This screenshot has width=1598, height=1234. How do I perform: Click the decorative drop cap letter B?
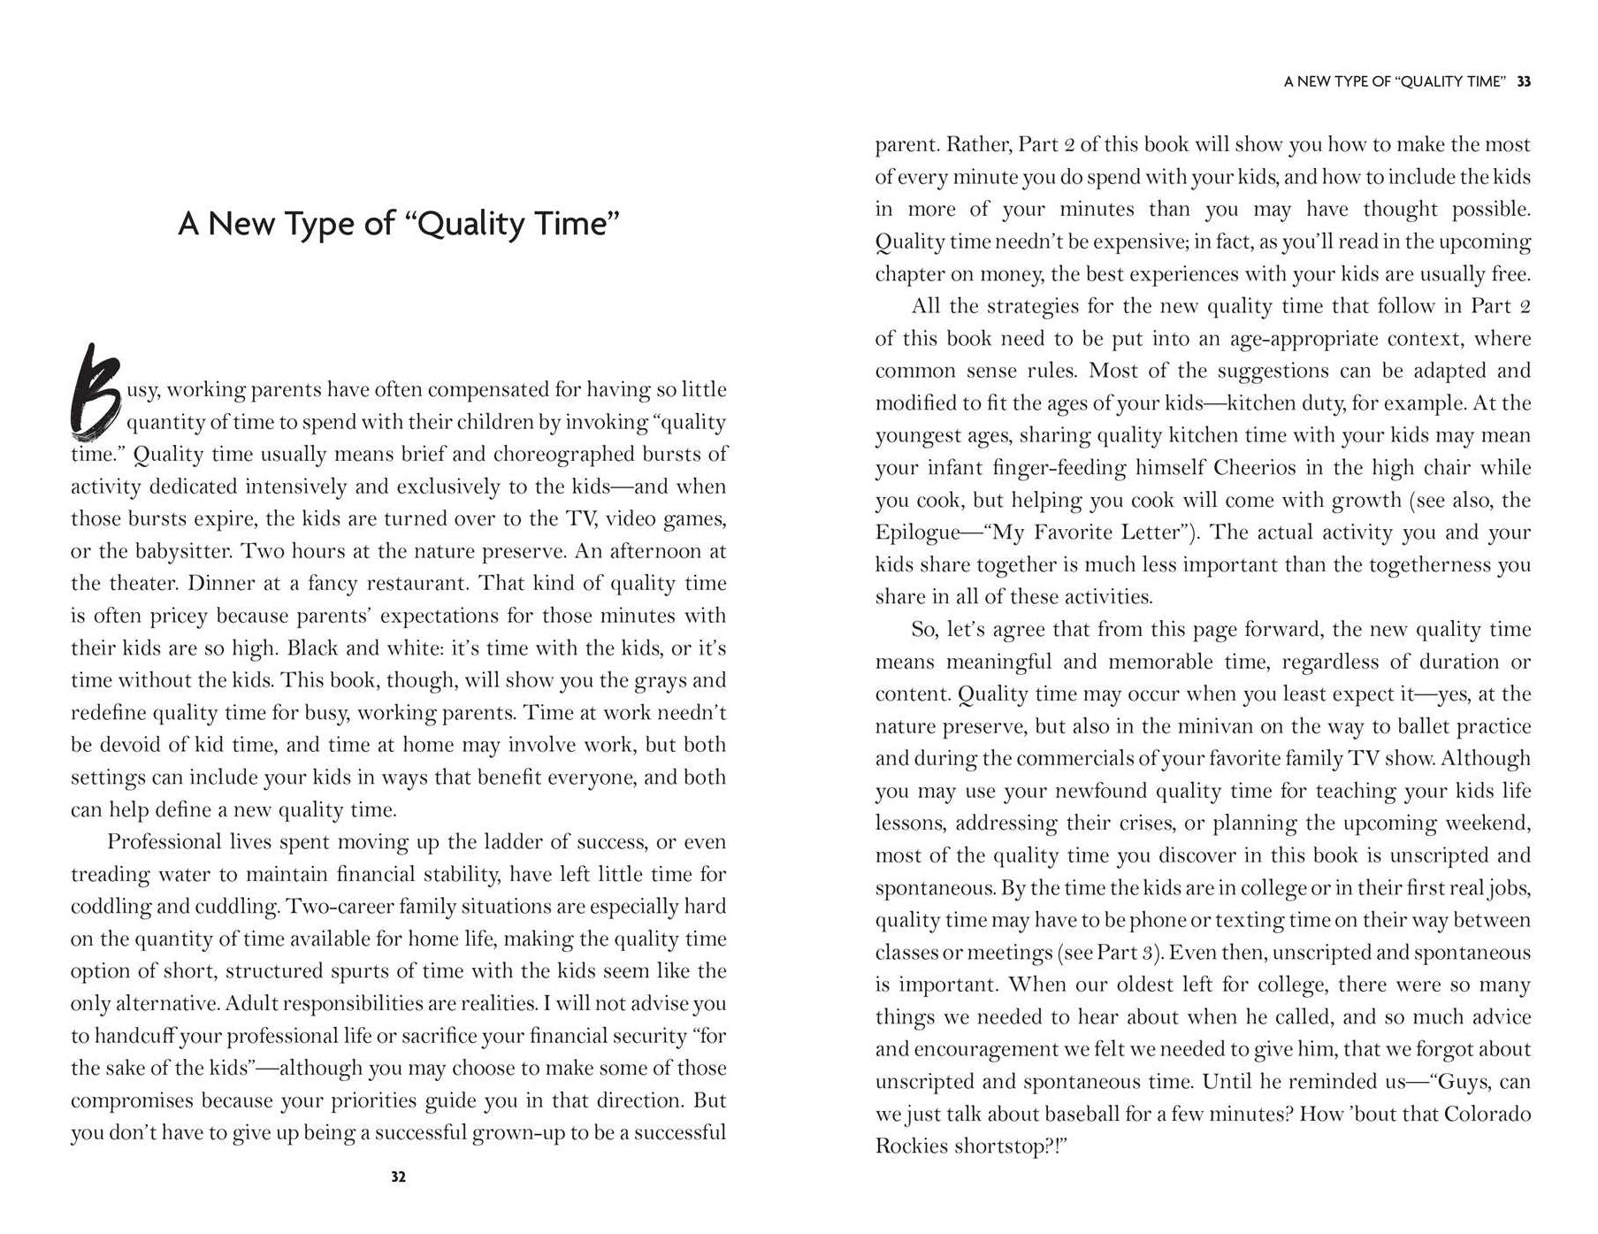point(95,395)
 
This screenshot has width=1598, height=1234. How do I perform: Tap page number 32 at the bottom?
point(398,1177)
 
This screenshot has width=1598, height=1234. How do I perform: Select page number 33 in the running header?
point(1524,81)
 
